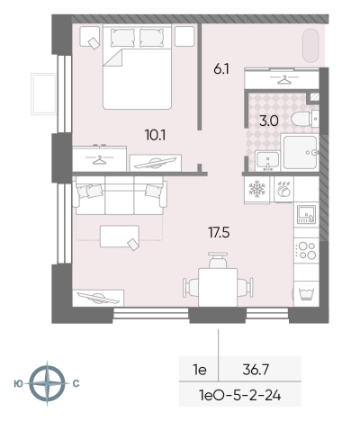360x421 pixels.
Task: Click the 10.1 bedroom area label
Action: coord(155,136)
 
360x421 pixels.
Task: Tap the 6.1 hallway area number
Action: coord(221,69)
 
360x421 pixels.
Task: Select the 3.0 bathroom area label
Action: coord(269,121)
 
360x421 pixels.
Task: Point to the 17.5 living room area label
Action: coord(219,232)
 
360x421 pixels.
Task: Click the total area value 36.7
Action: coord(256,370)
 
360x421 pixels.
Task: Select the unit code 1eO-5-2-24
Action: coord(240,396)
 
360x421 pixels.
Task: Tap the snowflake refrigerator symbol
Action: coord(257,190)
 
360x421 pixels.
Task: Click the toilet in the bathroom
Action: coord(301,119)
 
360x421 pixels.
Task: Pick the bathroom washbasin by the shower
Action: coord(267,160)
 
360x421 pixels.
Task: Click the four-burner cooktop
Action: coord(306,251)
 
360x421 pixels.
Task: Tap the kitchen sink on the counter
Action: coord(306,215)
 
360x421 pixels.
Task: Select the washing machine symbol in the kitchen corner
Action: coord(306,293)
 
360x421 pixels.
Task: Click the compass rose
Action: coord(47,383)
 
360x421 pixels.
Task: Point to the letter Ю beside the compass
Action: coord(19,383)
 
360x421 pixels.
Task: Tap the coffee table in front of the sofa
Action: coord(120,237)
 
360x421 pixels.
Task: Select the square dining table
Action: coord(218,288)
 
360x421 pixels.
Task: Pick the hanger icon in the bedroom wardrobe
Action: coord(100,160)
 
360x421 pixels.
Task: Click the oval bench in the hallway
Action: coord(310,46)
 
